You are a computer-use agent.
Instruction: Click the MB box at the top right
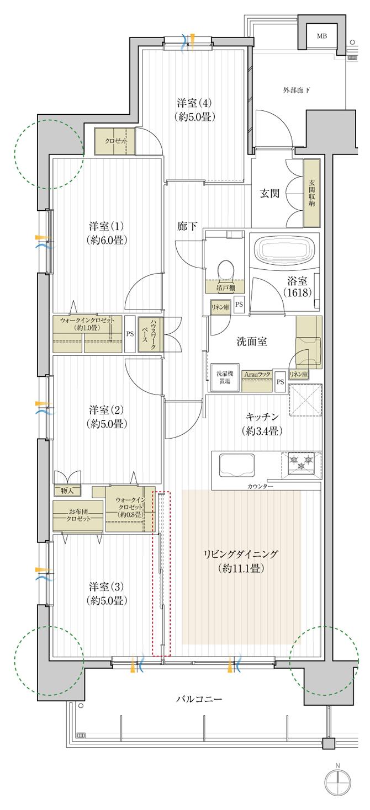pos(321,36)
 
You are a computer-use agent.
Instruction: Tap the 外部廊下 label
pos(297,90)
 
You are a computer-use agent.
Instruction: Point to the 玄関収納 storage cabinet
pos(312,193)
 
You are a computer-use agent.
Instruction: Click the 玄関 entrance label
pos(269,193)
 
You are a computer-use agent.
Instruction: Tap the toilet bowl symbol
pos(226,271)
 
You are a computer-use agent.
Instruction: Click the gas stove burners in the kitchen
pos(301,462)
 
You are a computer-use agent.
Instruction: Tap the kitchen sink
pos(236,465)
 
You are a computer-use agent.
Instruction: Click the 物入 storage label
pos(67,491)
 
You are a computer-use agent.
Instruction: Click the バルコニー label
pos(199,699)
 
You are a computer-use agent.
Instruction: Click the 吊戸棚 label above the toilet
pos(225,288)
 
